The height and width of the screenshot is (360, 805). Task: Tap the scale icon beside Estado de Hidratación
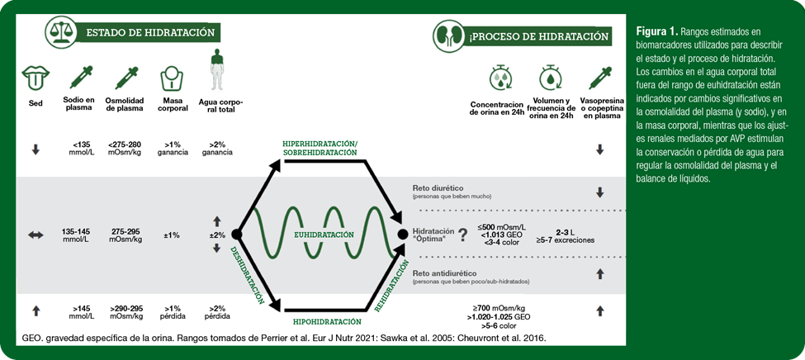pyautogui.click(x=60, y=32)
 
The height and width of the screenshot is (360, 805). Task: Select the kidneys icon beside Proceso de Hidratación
pyautogui.click(x=448, y=36)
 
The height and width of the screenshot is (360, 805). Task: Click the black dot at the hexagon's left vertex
pyautogui.click(x=236, y=234)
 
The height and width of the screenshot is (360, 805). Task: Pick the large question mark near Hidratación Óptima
pyautogui.click(x=463, y=235)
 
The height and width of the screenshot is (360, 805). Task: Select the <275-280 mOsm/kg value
pyautogui.click(x=126, y=149)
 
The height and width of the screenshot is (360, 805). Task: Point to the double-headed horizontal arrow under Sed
pyautogui.click(x=36, y=234)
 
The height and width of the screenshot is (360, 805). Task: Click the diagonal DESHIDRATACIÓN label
pyautogui.click(x=248, y=276)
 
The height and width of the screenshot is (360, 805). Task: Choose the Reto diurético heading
pyautogui.click(x=434, y=188)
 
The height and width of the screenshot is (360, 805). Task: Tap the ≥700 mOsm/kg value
pyautogui.click(x=498, y=308)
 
